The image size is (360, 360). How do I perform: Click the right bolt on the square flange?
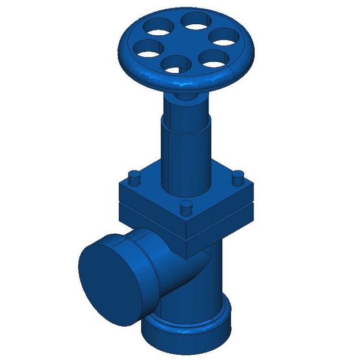click(237, 179)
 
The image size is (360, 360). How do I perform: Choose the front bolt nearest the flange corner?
click(185, 209)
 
